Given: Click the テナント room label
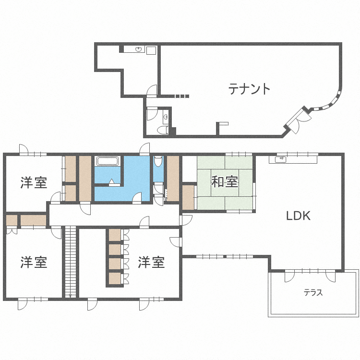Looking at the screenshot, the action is pos(249,89).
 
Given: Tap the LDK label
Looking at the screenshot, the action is pos(298,216).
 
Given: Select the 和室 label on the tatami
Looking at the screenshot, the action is pos(225,181).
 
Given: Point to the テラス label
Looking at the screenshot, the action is pos(313,292).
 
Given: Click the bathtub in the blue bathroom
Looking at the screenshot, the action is pos(108,161).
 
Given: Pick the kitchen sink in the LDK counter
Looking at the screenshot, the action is pos(280,159).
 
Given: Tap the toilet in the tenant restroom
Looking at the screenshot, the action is pos(163,130).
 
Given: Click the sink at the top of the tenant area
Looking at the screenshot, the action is pos(138,49).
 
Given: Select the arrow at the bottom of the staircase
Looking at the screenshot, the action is pos(71,296).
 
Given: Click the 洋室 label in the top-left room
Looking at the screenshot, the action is pos(34,182).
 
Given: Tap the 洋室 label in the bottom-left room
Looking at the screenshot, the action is pos(34,263).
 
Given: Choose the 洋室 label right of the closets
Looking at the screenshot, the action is pos(151,263).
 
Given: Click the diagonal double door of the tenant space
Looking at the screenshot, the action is pos(299,120).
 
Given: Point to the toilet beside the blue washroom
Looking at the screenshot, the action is pos(158,161).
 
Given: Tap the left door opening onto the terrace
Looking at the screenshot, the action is pos(289,276).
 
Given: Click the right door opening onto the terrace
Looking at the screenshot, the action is pos(331,276).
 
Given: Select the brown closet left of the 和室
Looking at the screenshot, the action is pos(188,197).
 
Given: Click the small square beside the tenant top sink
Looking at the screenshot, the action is pos(151,50).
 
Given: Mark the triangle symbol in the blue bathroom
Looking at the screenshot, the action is pos(111,181).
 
